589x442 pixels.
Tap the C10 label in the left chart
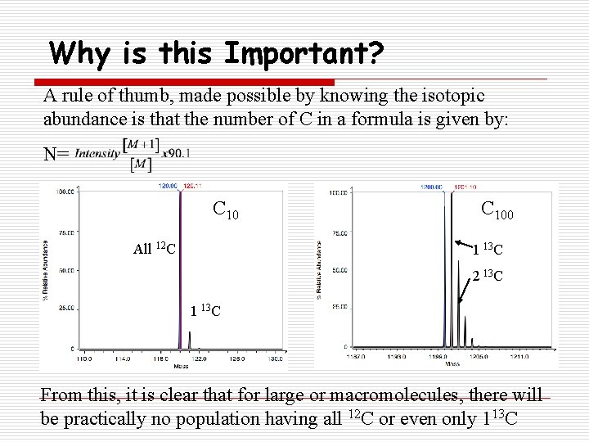tap(226, 210)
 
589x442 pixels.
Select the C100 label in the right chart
tap(497, 210)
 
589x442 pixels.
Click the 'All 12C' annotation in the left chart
tap(155, 248)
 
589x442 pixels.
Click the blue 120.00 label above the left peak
tap(168, 186)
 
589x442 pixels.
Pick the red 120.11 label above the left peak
tap(194, 186)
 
